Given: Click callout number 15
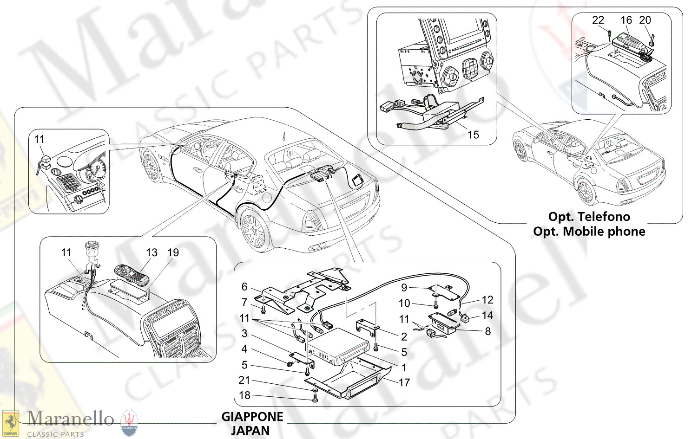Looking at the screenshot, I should pos(473,135).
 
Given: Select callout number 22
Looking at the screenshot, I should pos(598,20).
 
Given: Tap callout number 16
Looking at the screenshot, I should pos(626,20).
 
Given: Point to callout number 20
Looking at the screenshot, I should pos(645,20).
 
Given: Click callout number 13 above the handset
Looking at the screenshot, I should pos(151,252).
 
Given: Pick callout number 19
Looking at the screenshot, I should pos(173,252).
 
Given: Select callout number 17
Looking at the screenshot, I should pos(404,382).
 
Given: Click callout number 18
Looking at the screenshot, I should pos(244,395).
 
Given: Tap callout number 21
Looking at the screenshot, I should pos(244,380).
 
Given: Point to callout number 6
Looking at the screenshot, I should pos(244,287).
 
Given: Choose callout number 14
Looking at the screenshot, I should pos(487,316).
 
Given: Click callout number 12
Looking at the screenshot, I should pos(487,300).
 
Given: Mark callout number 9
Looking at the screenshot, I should pos(404,288).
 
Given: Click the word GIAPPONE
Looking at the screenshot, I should pos(252,417).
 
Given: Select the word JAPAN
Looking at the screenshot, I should pos(250,431).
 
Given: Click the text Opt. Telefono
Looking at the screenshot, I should pos(589,217).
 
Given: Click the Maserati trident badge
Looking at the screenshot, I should pos(129,423).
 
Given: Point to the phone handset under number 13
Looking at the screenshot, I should pos(132,275).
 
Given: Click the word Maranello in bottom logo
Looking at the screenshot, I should pos(70,419).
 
